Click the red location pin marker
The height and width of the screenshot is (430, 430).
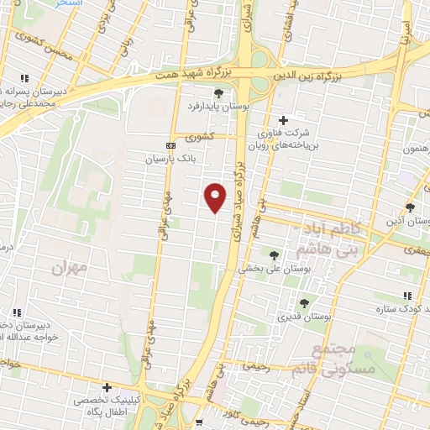(x=216, y=198)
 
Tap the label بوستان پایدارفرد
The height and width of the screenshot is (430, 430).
(x=218, y=107)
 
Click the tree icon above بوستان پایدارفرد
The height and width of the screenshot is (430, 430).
(x=218, y=93)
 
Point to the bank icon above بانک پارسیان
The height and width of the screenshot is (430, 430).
(x=171, y=144)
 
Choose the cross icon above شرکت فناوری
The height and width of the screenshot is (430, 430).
(x=283, y=120)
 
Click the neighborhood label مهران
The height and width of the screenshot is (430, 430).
(x=69, y=268)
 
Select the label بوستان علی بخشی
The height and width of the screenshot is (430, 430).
(x=267, y=269)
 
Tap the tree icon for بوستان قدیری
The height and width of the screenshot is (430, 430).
(x=304, y=302)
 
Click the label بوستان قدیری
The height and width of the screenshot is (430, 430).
(x=307, y=317)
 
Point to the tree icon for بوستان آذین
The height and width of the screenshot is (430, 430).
(x=410, y=207)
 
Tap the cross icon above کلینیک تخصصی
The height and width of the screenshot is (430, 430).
(x=107, y=387)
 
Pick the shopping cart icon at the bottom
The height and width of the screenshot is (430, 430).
(x=199, y=422)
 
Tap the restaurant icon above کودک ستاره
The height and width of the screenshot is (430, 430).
(x=407, y=296)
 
